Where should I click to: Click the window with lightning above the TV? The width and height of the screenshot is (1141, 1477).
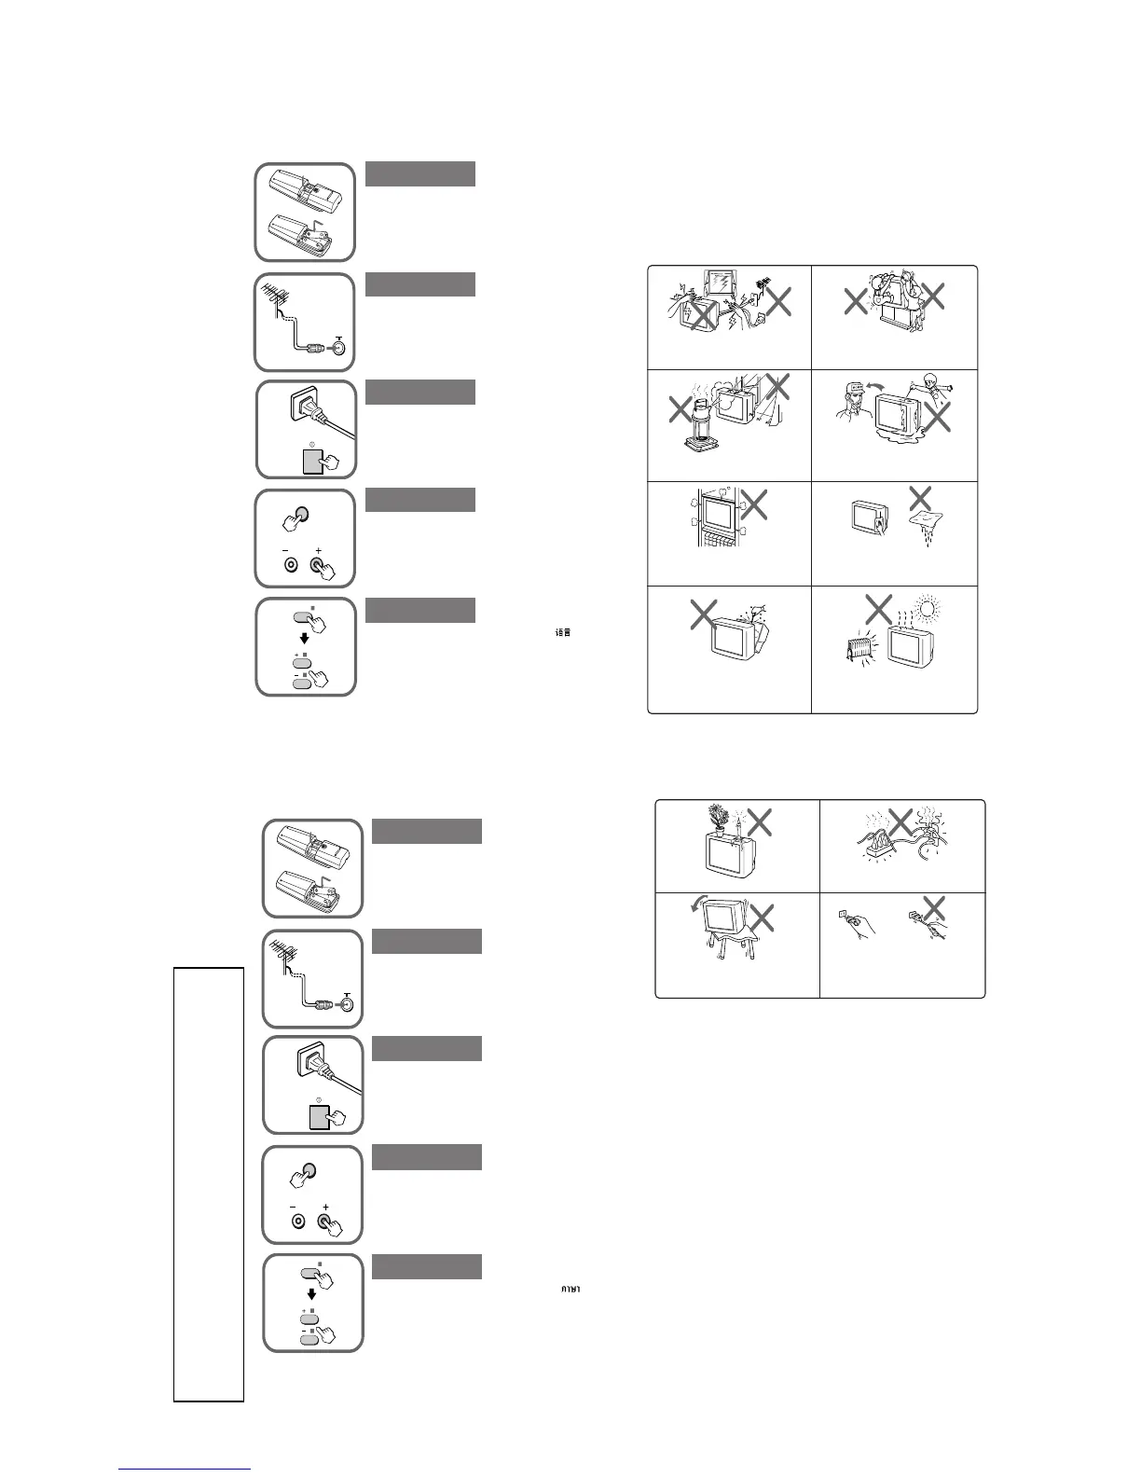717,285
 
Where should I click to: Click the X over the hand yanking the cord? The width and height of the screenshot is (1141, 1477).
933,907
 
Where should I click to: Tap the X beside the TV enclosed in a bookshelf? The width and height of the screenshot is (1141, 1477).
754,504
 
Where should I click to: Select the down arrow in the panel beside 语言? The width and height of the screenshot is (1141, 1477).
305,640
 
